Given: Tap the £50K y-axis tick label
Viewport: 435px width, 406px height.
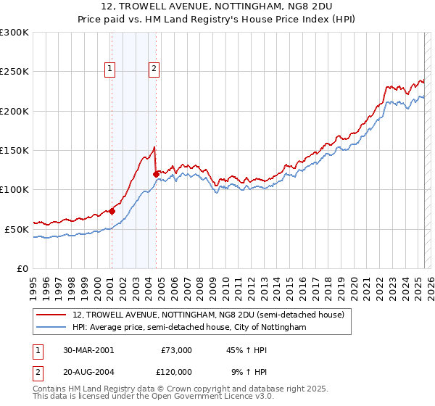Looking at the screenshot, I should coord(17,229).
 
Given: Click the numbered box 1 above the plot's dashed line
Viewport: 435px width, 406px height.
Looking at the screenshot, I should coord(110,70).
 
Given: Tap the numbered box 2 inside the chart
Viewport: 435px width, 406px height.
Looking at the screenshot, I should coord(154,70).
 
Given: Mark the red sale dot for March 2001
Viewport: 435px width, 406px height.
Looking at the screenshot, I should coord(112,211).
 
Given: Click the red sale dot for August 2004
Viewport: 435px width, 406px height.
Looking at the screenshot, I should coord(156,174).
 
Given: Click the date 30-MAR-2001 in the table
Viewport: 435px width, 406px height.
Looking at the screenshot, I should coord(88,350).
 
